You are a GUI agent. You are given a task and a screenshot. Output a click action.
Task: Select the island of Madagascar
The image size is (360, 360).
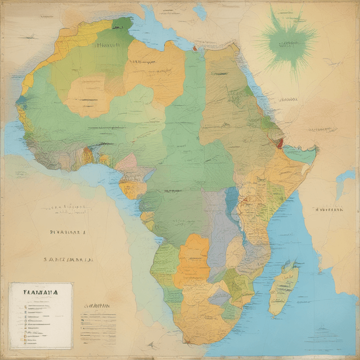click(x=283, y=290)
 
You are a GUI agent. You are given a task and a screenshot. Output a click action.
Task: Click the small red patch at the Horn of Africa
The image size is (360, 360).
click(x=280, y=143)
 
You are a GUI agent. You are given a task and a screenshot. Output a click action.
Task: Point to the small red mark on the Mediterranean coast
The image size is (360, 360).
click(x=195, y=48)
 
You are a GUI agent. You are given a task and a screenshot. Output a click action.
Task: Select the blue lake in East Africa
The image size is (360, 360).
click(x=232, y=200)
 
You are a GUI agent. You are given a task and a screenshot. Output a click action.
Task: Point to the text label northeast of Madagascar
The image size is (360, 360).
click(x=328, y=209)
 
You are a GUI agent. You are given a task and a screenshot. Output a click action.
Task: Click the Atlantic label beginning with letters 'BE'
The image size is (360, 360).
click(x=67, y=231)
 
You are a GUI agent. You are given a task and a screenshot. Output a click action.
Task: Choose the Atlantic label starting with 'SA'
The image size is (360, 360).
click(x=68, y=260)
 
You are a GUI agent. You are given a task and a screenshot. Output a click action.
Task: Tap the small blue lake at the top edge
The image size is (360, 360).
click(x=200, y=12)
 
